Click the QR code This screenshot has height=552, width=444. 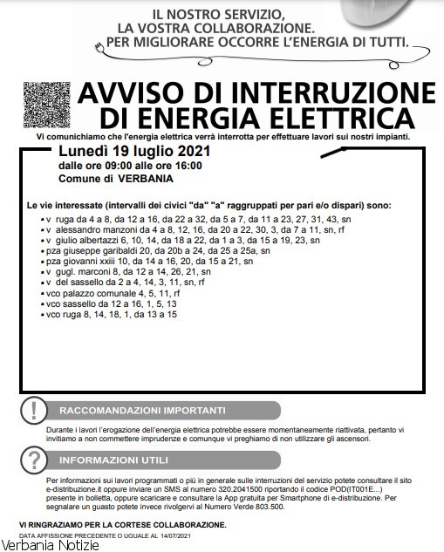(46, 104)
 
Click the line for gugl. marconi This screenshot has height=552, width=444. (131, 271)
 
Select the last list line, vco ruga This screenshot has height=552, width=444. (111, 314)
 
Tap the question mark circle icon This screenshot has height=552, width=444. (33, 460)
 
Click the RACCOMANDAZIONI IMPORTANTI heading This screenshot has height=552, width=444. (141, 411)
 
